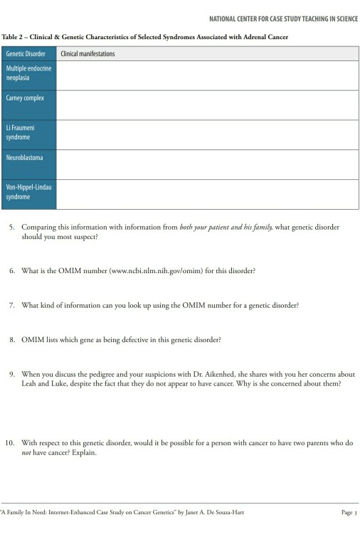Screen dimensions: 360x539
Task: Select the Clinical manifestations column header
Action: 88,54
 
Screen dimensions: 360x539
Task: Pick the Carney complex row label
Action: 26,98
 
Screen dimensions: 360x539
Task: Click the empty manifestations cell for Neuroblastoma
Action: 207,164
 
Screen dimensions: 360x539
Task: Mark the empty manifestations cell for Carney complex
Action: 207,105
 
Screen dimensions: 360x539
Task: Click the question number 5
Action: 11,228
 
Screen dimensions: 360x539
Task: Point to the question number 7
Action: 11,305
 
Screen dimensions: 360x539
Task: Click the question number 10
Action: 10,442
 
